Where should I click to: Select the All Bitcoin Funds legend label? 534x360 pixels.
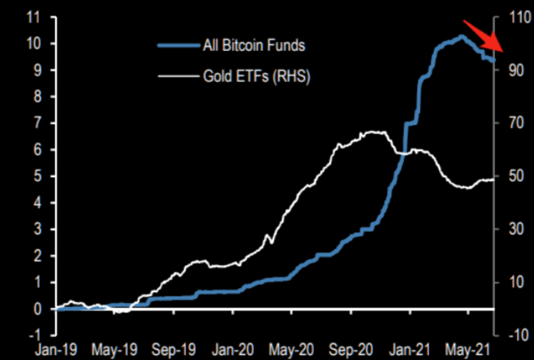coord(254,45)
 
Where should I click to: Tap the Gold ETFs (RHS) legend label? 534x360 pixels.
coord(256,76)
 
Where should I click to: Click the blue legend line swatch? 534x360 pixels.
coord(179,46)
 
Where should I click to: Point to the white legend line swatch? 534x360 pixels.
coord(179,76)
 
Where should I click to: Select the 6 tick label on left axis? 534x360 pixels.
coord(37,149)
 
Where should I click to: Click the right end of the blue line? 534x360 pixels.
coord(494,60)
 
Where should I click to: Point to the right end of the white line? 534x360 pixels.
coord(494,179)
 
